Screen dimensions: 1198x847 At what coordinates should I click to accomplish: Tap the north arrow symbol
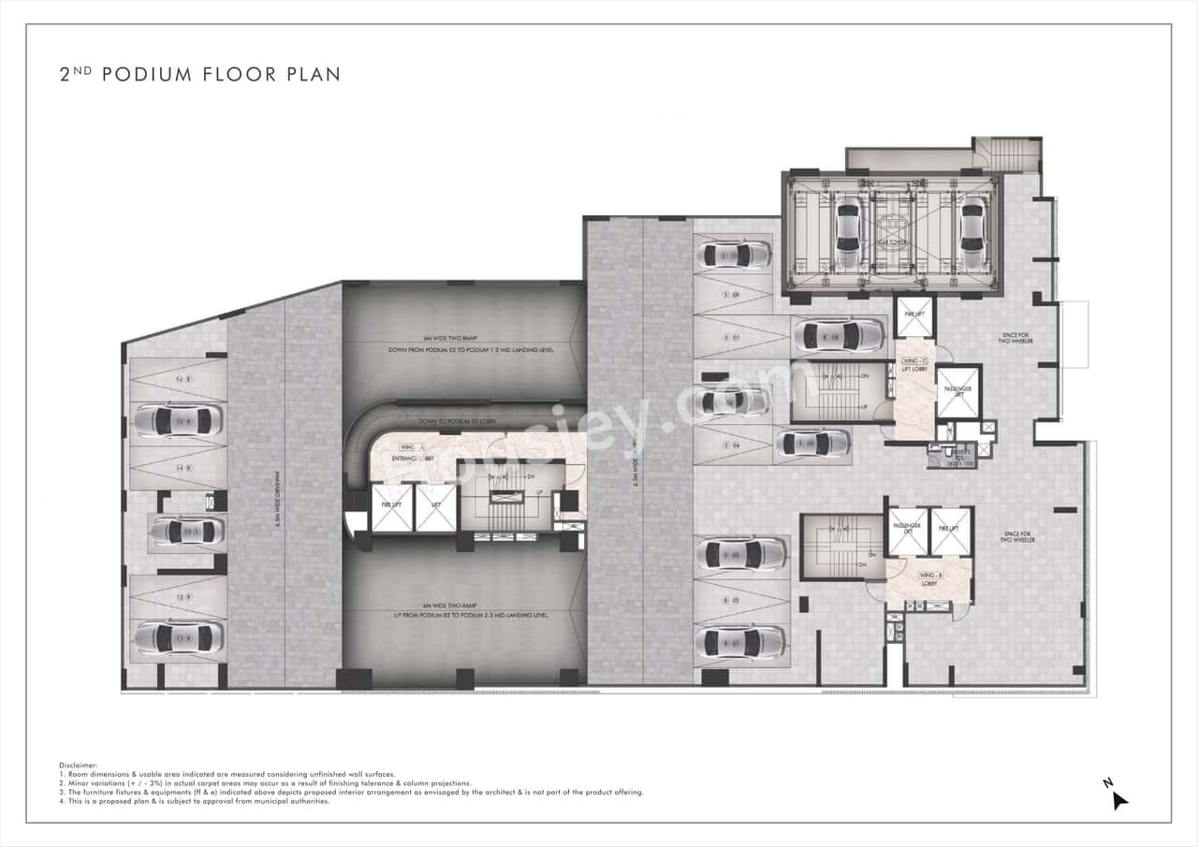tap(1118, 797)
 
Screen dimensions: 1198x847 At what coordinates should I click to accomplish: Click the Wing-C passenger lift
tap(957, 390)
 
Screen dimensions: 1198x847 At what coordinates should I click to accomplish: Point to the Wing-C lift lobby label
tap(914, 365)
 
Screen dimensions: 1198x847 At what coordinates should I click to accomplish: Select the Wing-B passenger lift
tap(907, 532)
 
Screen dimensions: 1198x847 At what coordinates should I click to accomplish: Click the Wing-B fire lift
tap(951, 532)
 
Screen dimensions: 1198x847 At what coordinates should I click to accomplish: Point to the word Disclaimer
tap(78, 766)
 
